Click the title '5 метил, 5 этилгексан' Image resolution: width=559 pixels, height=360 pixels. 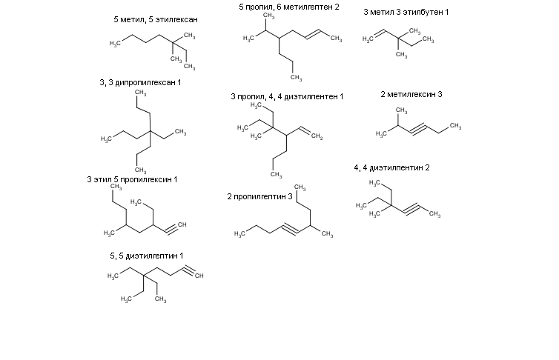coord(155,19)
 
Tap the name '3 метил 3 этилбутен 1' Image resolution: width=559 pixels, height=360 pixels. coord(406,12)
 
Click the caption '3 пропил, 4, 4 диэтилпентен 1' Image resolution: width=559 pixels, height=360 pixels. coord(288,96)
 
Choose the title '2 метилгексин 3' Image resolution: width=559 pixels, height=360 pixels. coord(411,94)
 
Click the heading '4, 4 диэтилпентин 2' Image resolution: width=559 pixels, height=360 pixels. coord(391,167)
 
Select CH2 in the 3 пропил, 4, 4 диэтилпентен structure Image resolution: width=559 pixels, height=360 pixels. coord(317,136)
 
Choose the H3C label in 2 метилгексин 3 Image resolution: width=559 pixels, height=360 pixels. coord(383,134)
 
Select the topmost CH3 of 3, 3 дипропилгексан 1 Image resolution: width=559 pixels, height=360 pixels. coord(139,93)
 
